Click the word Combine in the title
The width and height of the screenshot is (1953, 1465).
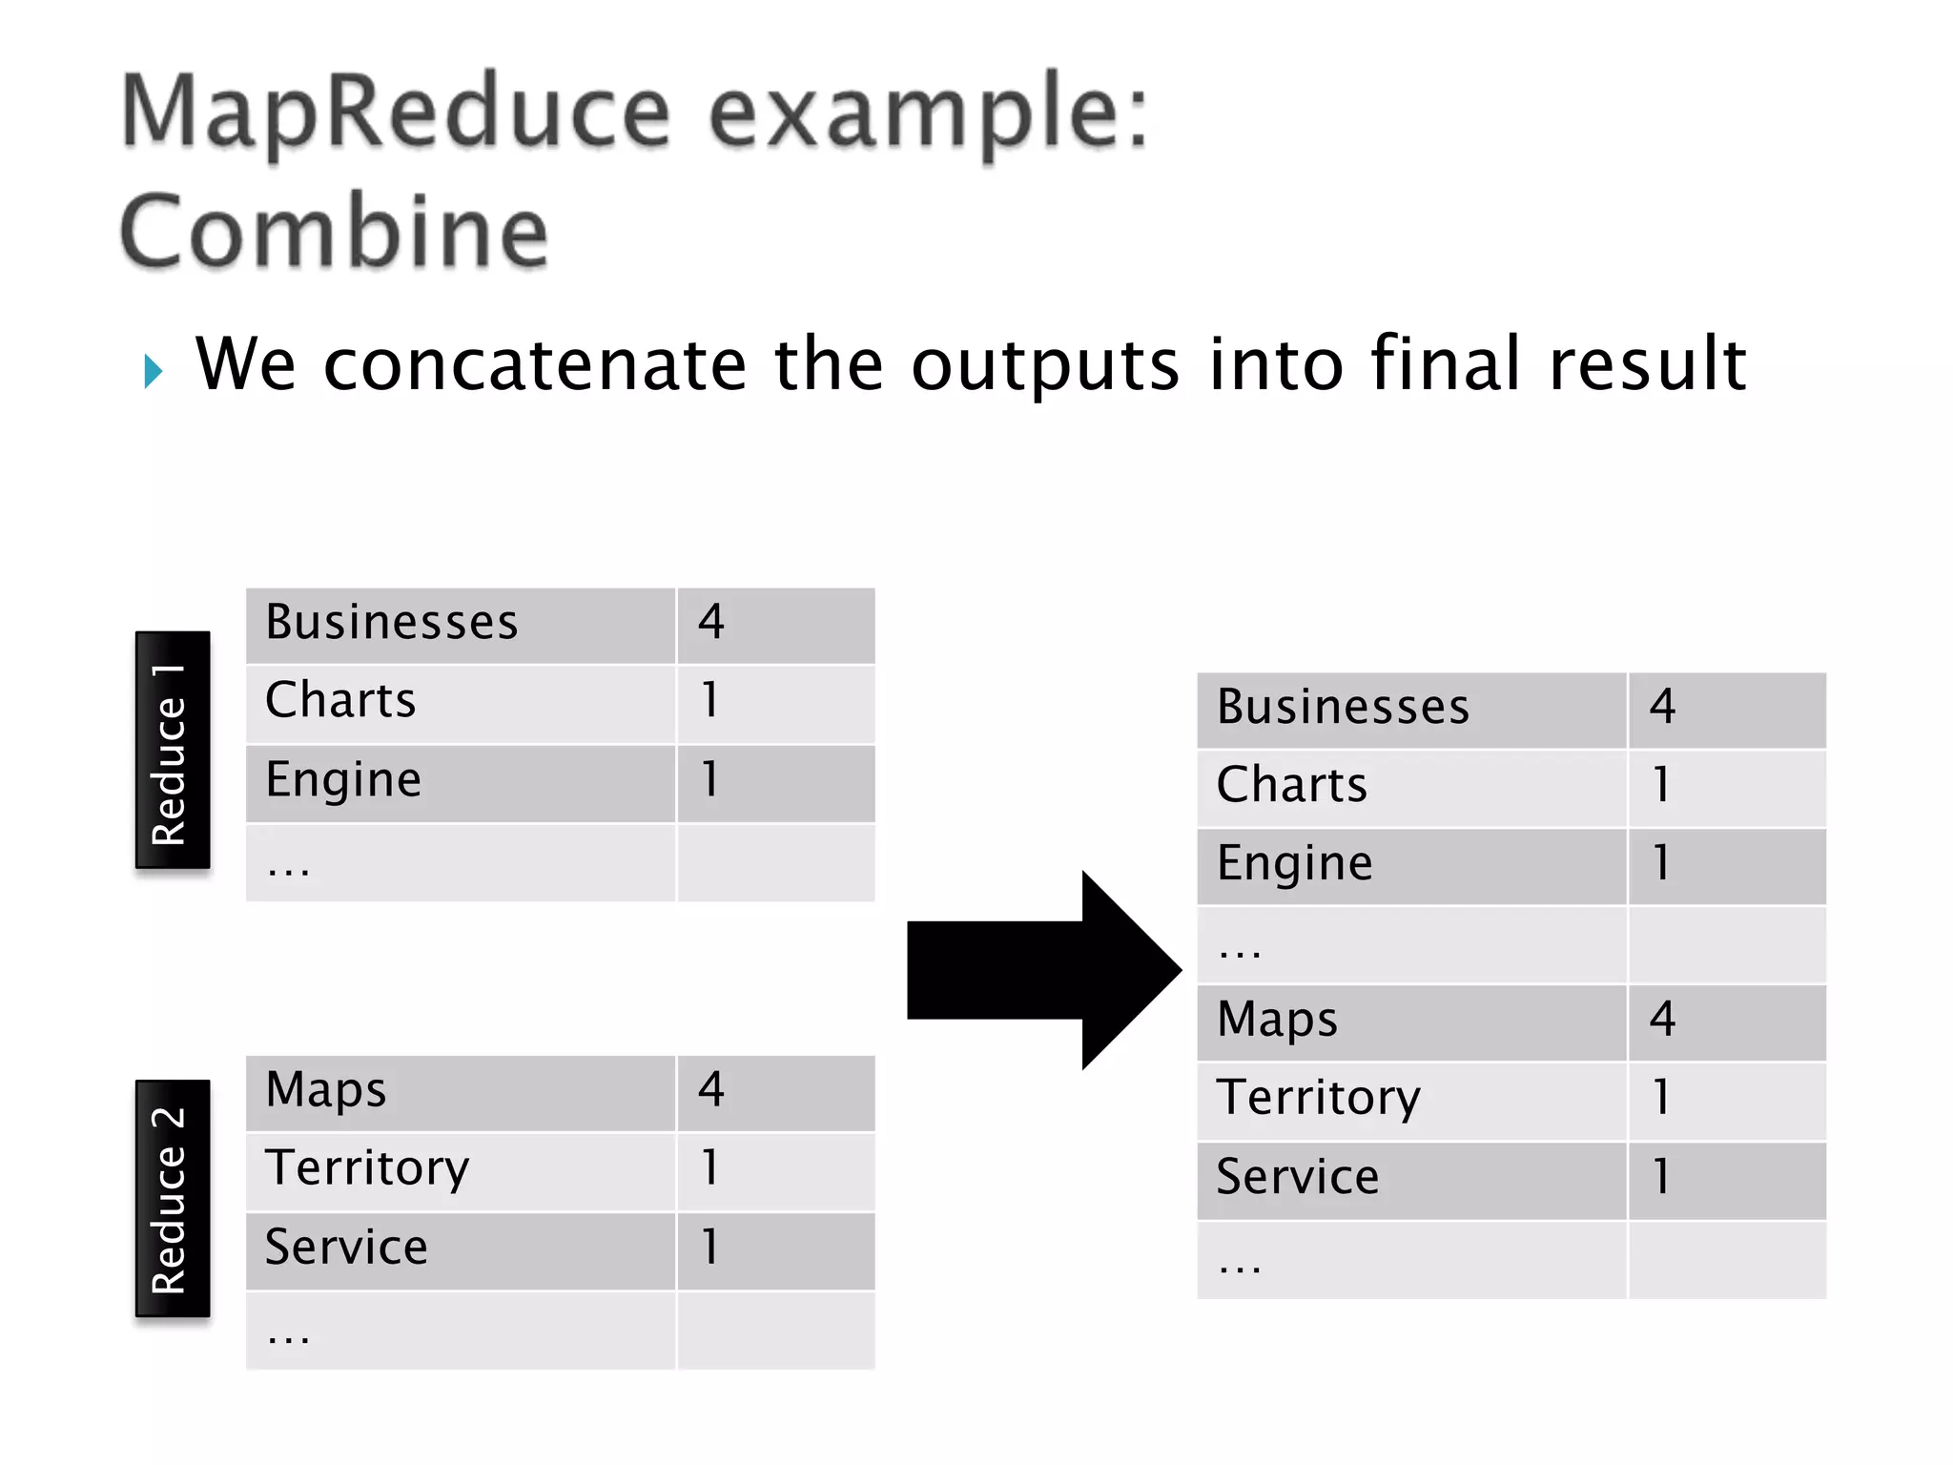334,232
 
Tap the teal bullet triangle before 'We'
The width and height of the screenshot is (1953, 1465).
153,370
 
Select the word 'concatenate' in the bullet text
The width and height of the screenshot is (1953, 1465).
535,364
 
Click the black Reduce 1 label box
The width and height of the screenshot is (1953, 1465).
173,751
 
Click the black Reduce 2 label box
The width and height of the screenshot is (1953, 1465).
173,1199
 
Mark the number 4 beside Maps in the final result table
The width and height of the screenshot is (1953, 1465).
1662,1020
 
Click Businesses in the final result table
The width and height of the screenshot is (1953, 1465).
1343,708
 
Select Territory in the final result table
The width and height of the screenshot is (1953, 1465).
1318,1098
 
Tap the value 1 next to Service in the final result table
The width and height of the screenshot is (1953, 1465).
1661,1177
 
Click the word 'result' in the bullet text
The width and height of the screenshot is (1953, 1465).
1648,364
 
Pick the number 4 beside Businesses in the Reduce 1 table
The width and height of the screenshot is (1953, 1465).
711,623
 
